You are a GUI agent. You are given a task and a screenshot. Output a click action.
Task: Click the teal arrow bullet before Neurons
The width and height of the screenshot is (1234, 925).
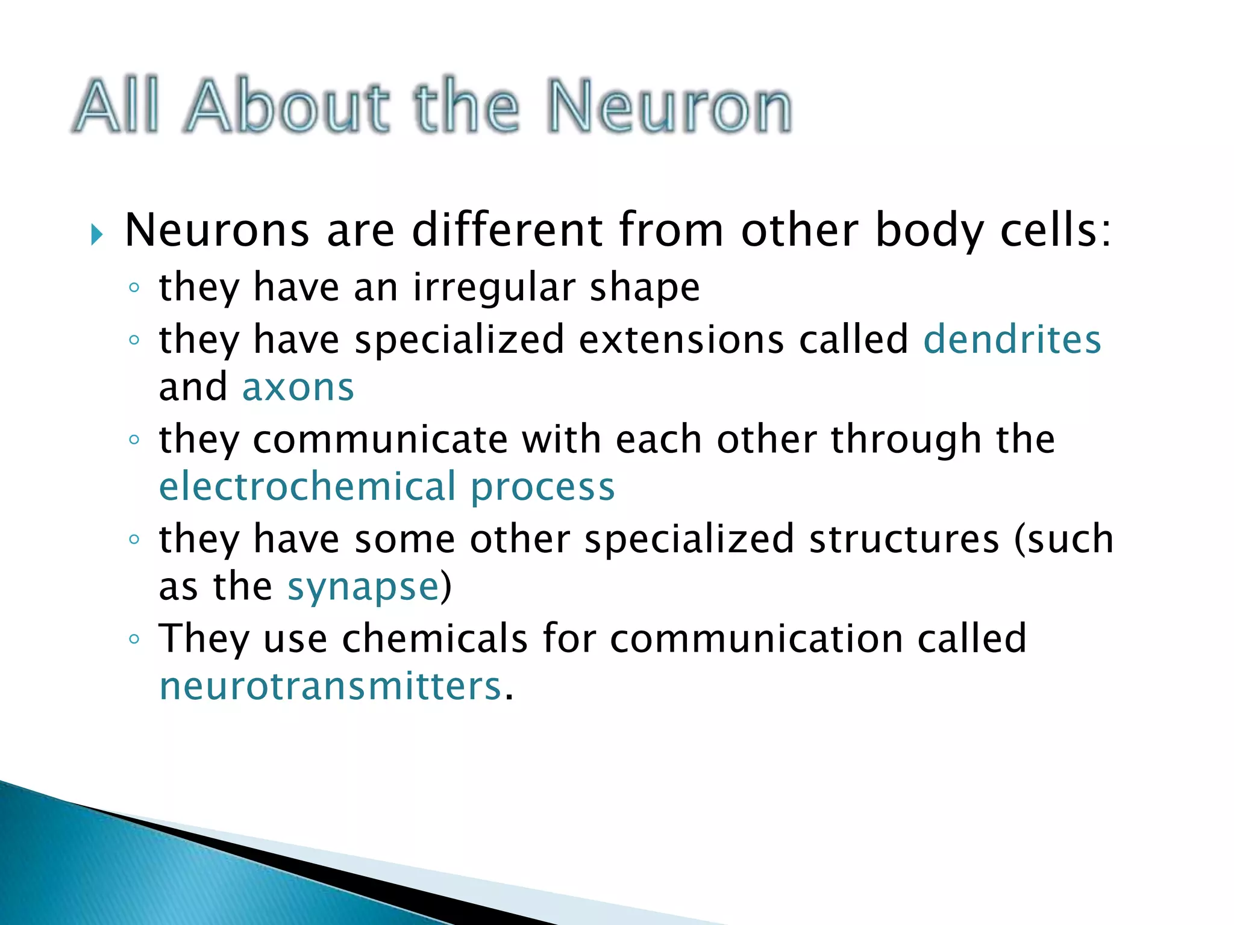click(96, 234)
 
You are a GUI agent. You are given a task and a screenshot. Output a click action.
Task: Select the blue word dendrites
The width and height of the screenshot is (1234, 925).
click(1012, 340)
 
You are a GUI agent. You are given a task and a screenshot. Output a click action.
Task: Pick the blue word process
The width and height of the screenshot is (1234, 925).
click(542, 488)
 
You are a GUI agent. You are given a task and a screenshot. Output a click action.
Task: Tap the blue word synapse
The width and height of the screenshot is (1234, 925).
click(363, 588)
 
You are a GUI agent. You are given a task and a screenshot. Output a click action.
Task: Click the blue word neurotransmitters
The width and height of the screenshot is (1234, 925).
click(330, 687)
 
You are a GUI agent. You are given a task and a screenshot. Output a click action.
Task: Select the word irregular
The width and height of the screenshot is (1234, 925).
click(493, 288)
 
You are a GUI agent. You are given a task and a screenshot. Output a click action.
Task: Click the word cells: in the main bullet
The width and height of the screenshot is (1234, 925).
click(1055, 231)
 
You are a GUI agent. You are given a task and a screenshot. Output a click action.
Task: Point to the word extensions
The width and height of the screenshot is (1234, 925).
click(681, 340)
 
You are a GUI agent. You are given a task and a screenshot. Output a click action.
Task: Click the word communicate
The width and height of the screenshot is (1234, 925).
click(381, 440)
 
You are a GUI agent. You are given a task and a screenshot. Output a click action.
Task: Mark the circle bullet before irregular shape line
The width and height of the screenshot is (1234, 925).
click(134, 288)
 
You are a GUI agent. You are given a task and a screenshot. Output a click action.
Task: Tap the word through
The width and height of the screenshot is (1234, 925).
click(906, 440)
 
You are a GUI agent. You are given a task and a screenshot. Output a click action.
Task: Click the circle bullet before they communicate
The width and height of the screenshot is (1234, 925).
click(134, 440)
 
